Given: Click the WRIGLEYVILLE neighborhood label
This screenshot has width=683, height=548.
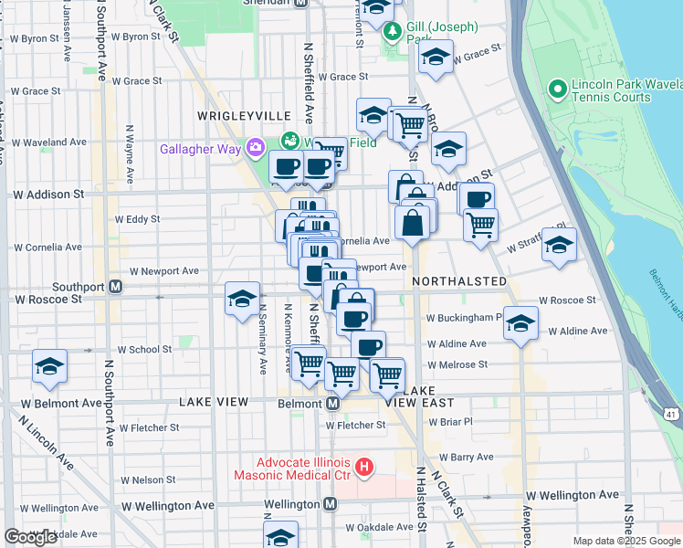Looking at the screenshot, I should (x=244, y=116).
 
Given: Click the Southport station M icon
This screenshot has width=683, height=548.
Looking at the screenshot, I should (x=116, y=286).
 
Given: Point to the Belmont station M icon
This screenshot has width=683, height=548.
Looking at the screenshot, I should (x=332, y=403).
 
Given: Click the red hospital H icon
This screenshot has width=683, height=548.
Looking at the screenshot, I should (x=364, y=469).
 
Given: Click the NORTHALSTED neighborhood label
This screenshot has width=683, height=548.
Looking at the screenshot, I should (x=458, y=281).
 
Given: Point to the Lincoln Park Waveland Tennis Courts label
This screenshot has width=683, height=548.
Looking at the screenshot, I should (x=622, y=90).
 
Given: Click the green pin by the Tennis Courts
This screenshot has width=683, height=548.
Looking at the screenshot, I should (x=555, y=89).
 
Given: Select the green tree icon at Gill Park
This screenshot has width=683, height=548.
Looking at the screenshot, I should (x=393, y=33).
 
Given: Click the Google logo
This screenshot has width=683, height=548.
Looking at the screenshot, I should (x=30, y=537).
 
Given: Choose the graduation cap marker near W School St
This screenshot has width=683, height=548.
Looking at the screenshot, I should (x=49, y=367).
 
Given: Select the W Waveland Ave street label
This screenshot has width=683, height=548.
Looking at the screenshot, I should (x=48, y=142).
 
